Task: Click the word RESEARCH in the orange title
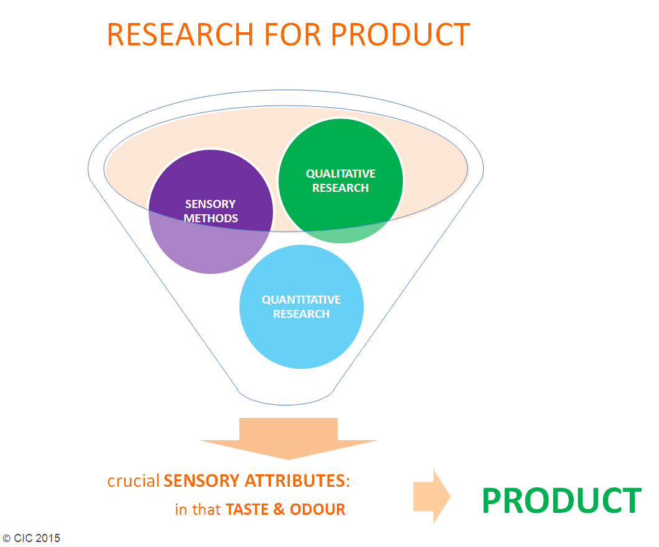(180, 34)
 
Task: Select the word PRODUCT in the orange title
(400, 34)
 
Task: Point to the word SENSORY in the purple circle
(211, 204)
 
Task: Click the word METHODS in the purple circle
(211, 219)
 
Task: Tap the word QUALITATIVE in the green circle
(341, 174)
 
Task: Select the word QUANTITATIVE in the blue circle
(302, 300)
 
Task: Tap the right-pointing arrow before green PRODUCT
(431, 497)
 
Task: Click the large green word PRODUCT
(562, 500)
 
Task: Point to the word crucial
(133, 481)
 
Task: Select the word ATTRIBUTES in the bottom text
(295, 481)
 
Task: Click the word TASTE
(247, 509)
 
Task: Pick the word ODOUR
(317, 509)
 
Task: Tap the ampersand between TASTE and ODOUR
(279, 509)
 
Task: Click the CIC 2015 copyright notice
(32, 538)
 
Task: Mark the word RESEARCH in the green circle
(341, 188)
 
